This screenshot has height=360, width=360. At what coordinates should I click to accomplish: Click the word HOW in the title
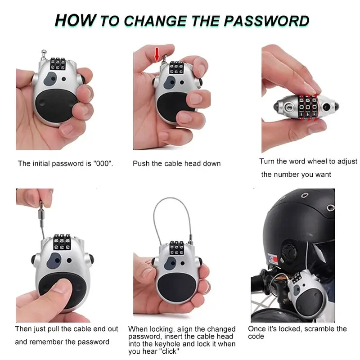click(x=75, y=20)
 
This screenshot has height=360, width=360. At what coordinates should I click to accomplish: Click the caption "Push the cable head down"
click(x=176, y=163)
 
